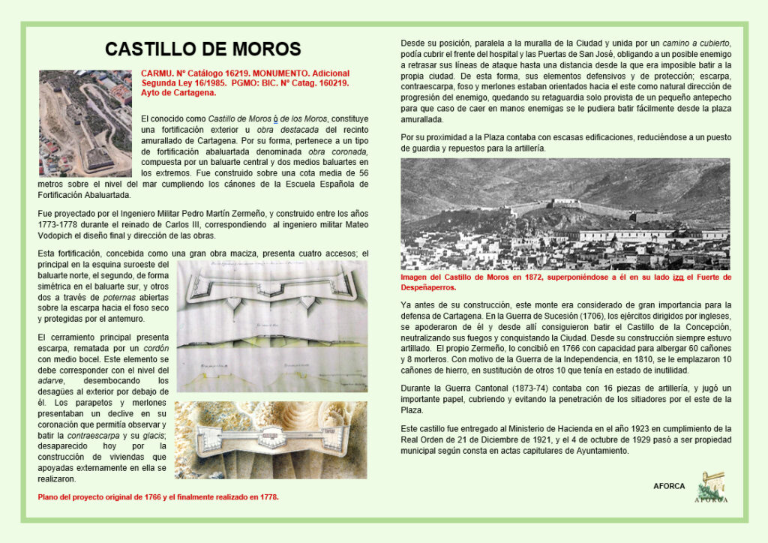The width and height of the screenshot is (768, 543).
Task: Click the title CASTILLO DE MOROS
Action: pos(202,49)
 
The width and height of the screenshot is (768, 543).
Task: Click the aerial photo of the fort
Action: pos(85,122)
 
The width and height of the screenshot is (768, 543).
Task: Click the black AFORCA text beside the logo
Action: pos(669,486)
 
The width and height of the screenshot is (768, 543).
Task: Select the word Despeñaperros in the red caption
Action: pos(427,287)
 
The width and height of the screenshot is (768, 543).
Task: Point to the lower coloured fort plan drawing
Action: pos(271,439)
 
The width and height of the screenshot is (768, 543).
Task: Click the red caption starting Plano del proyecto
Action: pos(158,496)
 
